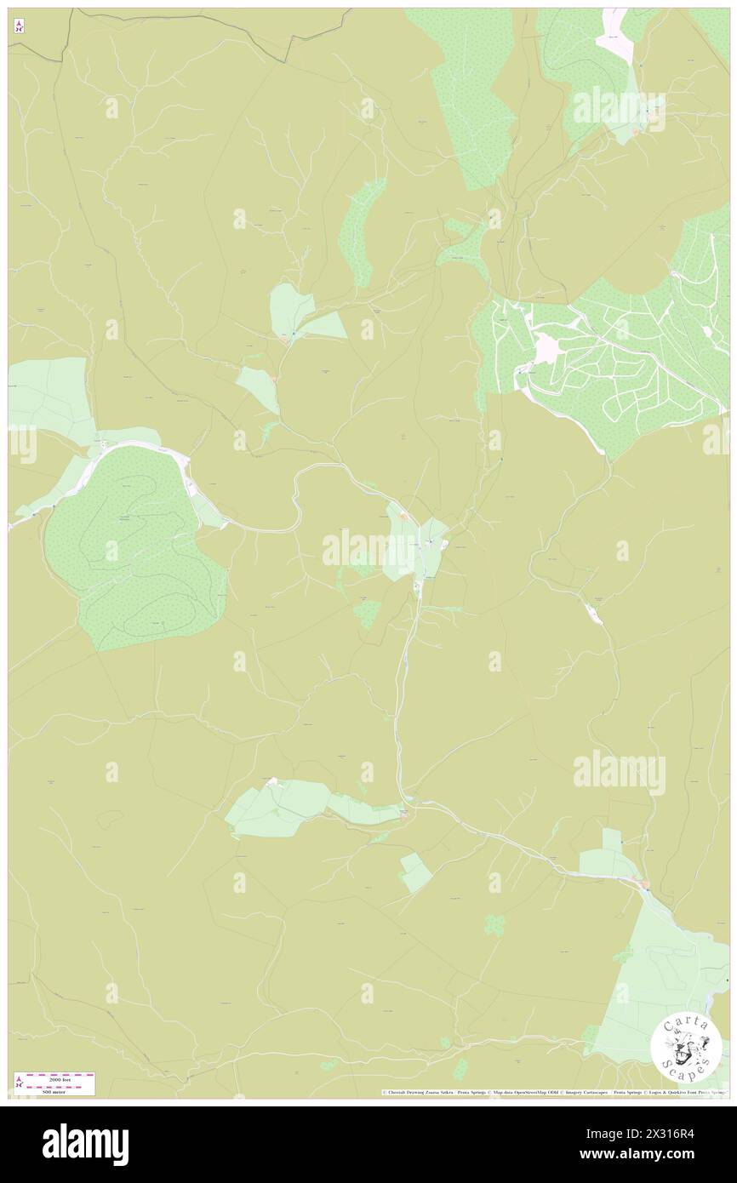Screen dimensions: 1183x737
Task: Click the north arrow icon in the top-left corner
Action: click(x=19, y=26)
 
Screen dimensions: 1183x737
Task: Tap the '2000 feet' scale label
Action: click(x=60, y=1077)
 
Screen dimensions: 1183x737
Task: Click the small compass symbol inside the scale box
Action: click(x=19, y=1082)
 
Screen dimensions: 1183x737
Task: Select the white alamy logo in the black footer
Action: click(x=86, y=1144)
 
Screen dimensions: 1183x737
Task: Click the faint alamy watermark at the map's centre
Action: click(x=368, y=550)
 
